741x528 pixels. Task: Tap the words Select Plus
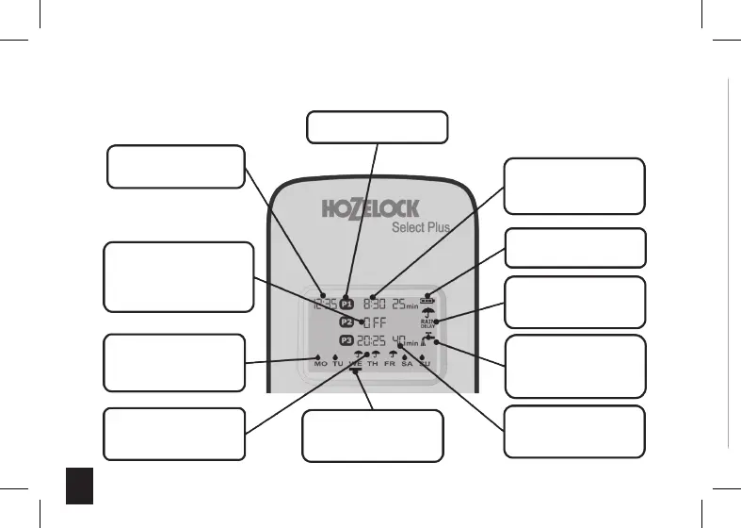pos(420,227)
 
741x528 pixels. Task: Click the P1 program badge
pos(346,304)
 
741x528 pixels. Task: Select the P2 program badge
pos(346,322)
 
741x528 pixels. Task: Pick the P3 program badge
pos(346,340)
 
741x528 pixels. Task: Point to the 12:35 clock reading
pos(322,304)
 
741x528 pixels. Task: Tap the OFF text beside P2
pos(375,322)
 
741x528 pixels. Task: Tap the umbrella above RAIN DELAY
pos(428,313)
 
